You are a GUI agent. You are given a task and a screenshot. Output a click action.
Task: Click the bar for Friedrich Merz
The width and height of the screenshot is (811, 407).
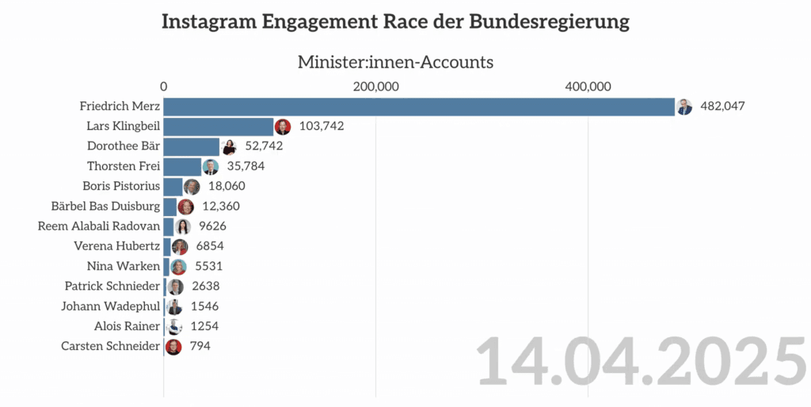click(419, 107)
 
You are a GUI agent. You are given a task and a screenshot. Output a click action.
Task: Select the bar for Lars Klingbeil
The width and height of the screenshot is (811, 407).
click(219, 127)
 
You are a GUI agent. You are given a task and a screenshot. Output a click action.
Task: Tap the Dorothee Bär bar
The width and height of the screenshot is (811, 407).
click(192, 146)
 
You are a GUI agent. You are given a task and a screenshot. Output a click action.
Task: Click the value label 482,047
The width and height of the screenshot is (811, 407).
click(723, 106)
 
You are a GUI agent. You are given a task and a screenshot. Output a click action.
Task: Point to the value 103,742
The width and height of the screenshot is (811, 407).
click(322, 127)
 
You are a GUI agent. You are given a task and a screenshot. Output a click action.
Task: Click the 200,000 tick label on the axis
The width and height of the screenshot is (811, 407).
click(375, 86)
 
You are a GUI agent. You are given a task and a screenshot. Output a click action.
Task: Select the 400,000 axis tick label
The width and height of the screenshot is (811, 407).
click(587, 86)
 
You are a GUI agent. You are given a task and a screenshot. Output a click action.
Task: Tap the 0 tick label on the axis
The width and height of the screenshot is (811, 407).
click(164, 86)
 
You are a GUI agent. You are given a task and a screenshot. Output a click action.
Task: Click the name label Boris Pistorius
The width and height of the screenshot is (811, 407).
click(121, 186)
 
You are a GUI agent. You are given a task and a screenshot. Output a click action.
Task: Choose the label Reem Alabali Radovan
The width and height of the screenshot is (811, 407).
click(99, 226)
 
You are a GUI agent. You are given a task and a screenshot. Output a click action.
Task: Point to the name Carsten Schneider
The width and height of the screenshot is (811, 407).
click(110, 346)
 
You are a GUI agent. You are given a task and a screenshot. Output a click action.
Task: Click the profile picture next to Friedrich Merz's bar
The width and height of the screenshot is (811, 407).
click(684, 107)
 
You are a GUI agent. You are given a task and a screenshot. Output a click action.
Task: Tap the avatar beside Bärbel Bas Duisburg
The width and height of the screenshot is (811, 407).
click(185, 207)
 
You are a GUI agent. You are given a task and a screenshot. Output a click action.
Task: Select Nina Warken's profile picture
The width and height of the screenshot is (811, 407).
click(179, 267)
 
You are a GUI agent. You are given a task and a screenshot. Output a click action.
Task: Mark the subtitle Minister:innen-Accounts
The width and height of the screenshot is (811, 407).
click(395, 62)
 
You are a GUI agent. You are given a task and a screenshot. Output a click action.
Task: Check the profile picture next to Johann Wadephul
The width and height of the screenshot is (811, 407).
click(174, 306)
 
